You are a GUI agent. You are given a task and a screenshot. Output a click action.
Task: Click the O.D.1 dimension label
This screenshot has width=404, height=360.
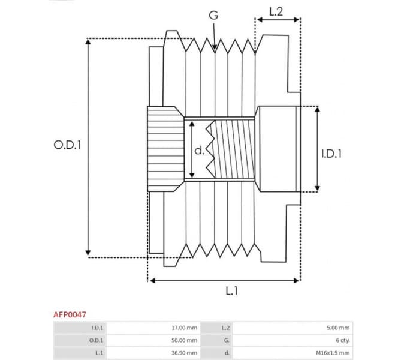(67, 145)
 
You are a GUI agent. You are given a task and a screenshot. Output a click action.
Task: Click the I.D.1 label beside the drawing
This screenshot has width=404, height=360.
(331, 154)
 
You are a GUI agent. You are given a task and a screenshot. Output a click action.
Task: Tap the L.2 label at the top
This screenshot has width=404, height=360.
(276, 10)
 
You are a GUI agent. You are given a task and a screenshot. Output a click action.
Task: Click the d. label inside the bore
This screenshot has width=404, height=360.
(200, 150)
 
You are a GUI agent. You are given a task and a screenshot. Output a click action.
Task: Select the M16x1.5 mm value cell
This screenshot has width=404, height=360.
(333, 353)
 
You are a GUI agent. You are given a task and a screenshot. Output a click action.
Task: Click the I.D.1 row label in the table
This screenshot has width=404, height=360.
(97, 328)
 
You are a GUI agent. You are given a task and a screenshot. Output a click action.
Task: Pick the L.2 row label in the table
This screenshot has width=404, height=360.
(225, 328)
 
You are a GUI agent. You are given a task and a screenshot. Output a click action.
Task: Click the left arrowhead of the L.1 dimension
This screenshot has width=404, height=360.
(151, 280)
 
